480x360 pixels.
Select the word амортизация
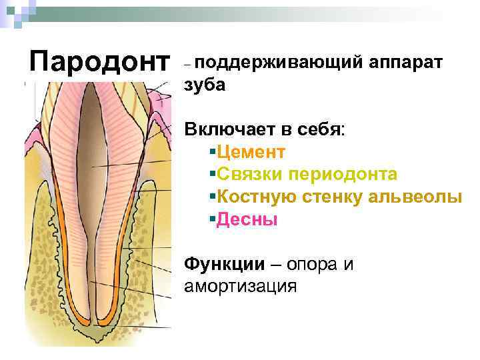pos(239,287)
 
